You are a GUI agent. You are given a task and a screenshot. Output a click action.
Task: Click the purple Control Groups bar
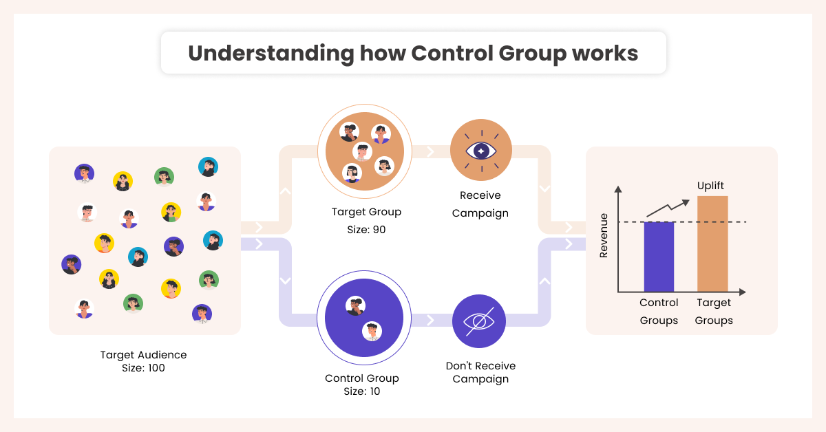pos(659,257)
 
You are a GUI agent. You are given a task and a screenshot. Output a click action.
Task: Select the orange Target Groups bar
pos(712,244)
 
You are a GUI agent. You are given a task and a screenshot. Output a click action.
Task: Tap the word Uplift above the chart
pos(711,186)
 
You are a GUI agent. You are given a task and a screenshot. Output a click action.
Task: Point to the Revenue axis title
pos(604,235)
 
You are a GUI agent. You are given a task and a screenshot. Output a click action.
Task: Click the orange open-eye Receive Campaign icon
pos(480,151)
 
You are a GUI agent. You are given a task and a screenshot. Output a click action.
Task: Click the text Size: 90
pos(366,229)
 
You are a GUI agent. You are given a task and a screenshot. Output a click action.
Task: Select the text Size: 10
pos(361,391)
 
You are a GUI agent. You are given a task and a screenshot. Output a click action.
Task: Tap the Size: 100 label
pos(143,367)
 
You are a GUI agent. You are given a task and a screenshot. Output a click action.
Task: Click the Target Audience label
pos(143,355)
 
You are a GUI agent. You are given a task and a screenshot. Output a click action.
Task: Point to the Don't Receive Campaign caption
pos(480,372)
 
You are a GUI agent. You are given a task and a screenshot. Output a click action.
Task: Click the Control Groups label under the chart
pos(659,312)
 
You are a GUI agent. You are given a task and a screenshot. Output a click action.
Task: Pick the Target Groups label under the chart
pos(714,312)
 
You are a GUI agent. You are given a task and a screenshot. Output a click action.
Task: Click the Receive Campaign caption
pos(480,204)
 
